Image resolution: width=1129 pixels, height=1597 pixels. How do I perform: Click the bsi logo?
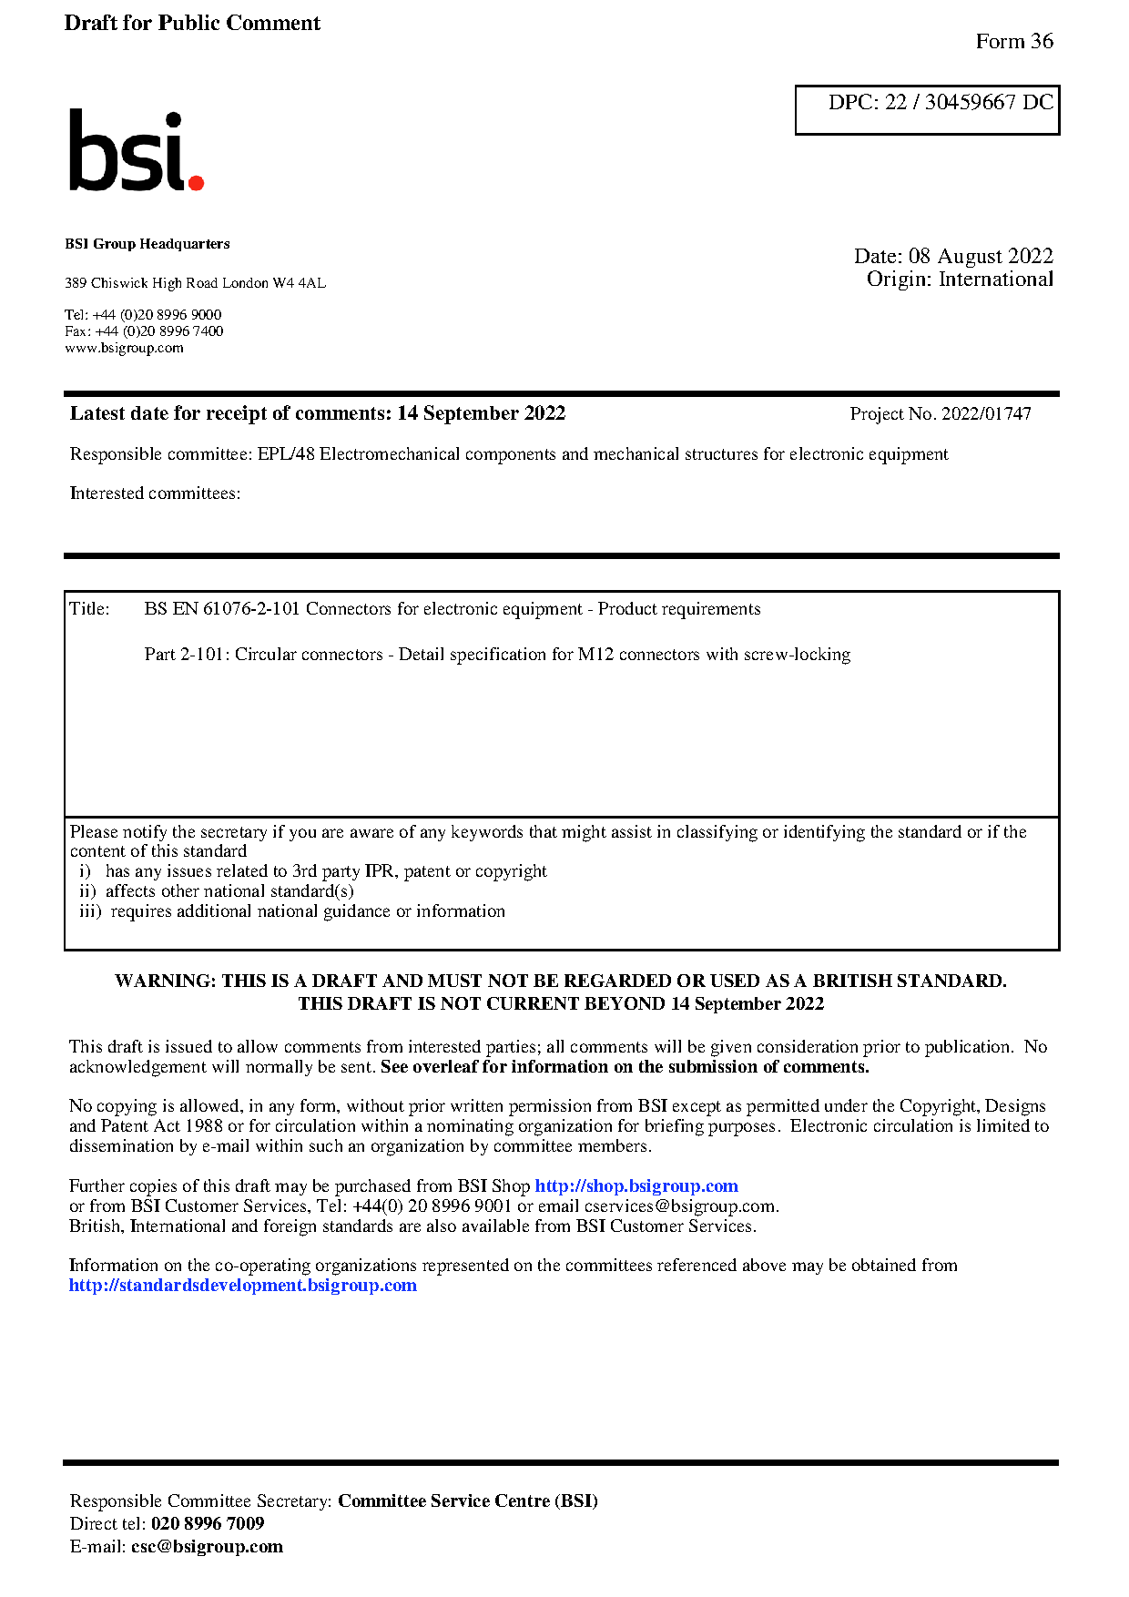[x=136, y=152]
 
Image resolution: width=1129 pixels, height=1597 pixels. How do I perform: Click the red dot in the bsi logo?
[x=195, y=182]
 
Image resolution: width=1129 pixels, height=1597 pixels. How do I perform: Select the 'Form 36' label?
[x=1013, y=42]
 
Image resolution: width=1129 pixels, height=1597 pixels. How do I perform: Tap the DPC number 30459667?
[x=970, y=103]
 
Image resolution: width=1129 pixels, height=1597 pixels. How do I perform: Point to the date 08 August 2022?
[x=980, y=257]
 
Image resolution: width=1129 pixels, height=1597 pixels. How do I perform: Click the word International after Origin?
[x=995, y=280]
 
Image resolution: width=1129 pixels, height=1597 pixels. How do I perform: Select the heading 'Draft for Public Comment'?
[x=192, y=24]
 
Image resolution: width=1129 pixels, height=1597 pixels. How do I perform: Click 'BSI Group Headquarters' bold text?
[x=147, y=244]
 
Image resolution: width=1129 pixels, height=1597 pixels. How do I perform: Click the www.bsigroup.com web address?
[x=124, y=348]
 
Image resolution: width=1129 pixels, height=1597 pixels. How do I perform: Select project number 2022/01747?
[x=985, y=414]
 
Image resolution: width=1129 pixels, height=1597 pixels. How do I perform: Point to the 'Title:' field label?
[x=89, y=609]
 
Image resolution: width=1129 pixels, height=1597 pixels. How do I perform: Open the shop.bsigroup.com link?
[x=636, y=1186]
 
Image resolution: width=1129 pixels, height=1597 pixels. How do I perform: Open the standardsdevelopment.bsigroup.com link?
[x=242, y=1286]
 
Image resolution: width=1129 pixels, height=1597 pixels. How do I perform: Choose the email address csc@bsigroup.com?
[x=207, y=1547]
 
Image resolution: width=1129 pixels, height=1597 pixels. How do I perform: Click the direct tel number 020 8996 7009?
[x=208, y=1524]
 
